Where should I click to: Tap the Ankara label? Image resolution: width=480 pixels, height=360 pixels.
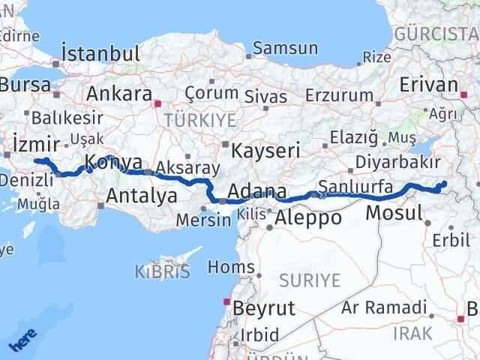tap(119, 94)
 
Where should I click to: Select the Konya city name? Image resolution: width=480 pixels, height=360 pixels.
tap(113, 160)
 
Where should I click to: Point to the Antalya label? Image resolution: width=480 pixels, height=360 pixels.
tap(142, 196)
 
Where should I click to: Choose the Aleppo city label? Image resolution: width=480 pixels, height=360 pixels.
tap(308, 218)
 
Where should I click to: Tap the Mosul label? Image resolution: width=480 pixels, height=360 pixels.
tap(394, 213)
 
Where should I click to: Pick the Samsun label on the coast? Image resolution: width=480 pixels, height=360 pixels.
tap(285, 49)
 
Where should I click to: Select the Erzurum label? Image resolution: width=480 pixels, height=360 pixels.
tap(340, 95)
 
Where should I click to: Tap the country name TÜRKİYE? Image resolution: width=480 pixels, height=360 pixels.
tap(200, 120)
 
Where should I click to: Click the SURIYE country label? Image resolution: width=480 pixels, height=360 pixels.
tap(310, 280)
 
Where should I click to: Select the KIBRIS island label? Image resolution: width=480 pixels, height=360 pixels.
tap(161, 271)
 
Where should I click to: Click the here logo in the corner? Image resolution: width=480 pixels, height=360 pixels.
tap(22, 341)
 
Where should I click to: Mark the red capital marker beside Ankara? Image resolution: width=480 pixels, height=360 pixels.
tap(157, 103)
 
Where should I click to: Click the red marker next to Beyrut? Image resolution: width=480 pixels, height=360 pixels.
tap(226, 303)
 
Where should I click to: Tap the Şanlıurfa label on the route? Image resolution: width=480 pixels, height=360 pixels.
tap(355, 185)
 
